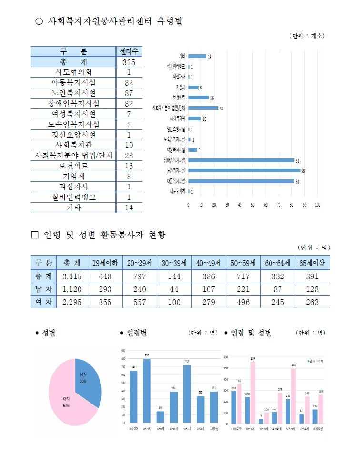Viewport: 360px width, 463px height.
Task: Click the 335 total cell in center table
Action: point(129,62)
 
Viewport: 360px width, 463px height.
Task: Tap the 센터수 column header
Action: point(129,52)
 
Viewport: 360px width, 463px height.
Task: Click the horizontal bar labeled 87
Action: point(244,170)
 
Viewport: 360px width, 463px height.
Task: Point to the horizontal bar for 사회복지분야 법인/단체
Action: point(203,108)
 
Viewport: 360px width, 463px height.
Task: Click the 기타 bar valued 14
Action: point(197,56)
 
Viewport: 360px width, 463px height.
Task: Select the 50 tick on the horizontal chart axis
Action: point(253,204)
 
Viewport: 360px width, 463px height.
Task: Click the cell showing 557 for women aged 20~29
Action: point(140,301)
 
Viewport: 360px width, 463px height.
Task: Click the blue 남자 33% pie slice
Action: point(89,385)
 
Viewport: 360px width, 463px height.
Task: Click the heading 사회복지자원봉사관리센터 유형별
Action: point(112,21)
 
